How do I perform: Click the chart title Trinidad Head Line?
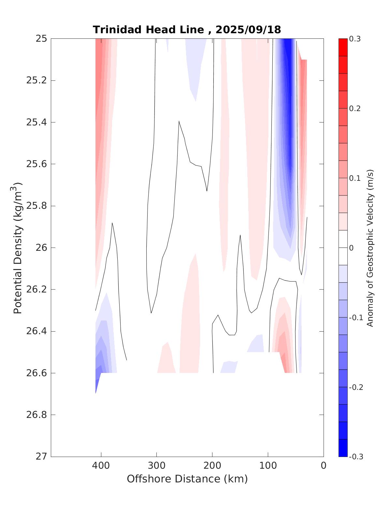pyautogui.click(x=149, y=30)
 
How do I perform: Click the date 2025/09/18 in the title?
pyautogui.click(x=248, y=30)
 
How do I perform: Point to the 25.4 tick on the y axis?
pyautogui.click(x=36, y=122)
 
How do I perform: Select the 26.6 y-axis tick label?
pyautogui.click(x=36, y=373)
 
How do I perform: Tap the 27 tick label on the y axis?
pyautogui.click(x=41, y=457)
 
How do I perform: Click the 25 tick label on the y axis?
pyautogui.click(x=41, y=39)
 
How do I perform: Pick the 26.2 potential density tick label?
pyautogui.click(x=36, y=290)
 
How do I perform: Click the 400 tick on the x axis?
pyautogui.click(x=101, y=466)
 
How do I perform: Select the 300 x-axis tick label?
pyautogui.click(x=157, y=466)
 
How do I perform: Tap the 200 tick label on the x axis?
pyautogui.click(x=212, y=466)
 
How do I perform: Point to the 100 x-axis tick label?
pyautogui.click(x=268, y=466)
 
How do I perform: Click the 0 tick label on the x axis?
pyautogui.click(x=324, y=466)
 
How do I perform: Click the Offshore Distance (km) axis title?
pyautogui.click(x=187, y=479)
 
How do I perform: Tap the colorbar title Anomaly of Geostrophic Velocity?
pyautogui.click(x=370, y=248)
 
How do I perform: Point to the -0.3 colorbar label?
pyautogui.click(x=356, y=457)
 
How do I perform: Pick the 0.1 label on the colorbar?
pyautogui.click(x=355, y=178)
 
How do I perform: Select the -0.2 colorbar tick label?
pyautogui.click(x=356, y=387)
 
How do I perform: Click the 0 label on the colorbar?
pyautogui.click(x=351, y=248)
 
